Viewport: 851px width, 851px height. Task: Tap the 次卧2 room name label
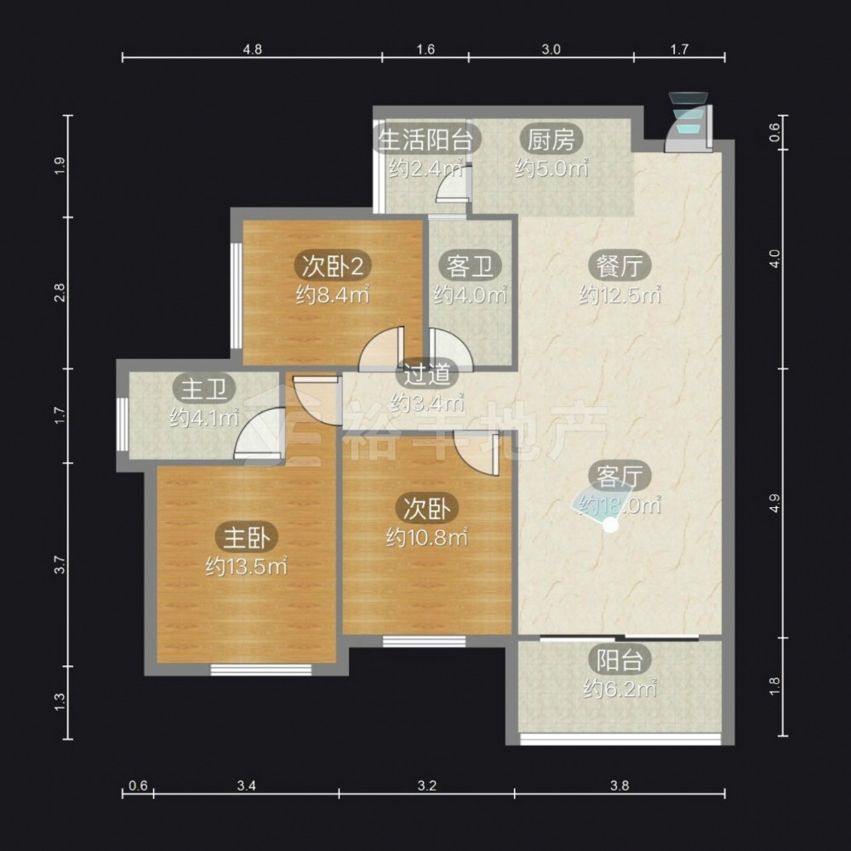click(x=333, y=266)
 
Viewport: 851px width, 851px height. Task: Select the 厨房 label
click(x=551, y=140)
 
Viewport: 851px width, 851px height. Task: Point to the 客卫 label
click(x=470, y=266)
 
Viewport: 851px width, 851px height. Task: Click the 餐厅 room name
click(x=620, y=266)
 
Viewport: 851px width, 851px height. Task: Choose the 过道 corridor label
click(x=427, y=374)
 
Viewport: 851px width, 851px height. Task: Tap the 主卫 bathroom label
click(x=204, y=389)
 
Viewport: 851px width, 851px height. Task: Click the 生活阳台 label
click(x=425, y=140)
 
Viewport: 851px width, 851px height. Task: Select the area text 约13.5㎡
click(x=247, y=567)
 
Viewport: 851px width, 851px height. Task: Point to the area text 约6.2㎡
click(x=620, y=689)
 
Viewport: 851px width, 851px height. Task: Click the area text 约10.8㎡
click(x=427, y=538)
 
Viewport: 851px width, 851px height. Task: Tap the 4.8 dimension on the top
click(x=253, y=49)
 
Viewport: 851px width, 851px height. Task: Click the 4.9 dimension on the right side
click(x=774, y=503)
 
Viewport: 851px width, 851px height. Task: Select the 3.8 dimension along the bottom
click(x=620, y=785)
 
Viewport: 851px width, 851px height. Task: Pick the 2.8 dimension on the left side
click(x=60, y=293)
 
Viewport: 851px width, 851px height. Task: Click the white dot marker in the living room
click(x=611, y=525)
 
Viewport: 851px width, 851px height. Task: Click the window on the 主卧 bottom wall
click(x=261, y=670)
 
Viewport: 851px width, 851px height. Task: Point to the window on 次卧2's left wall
click(x=236, y=295)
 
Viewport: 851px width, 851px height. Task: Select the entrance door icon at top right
click(x=689, y=122)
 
